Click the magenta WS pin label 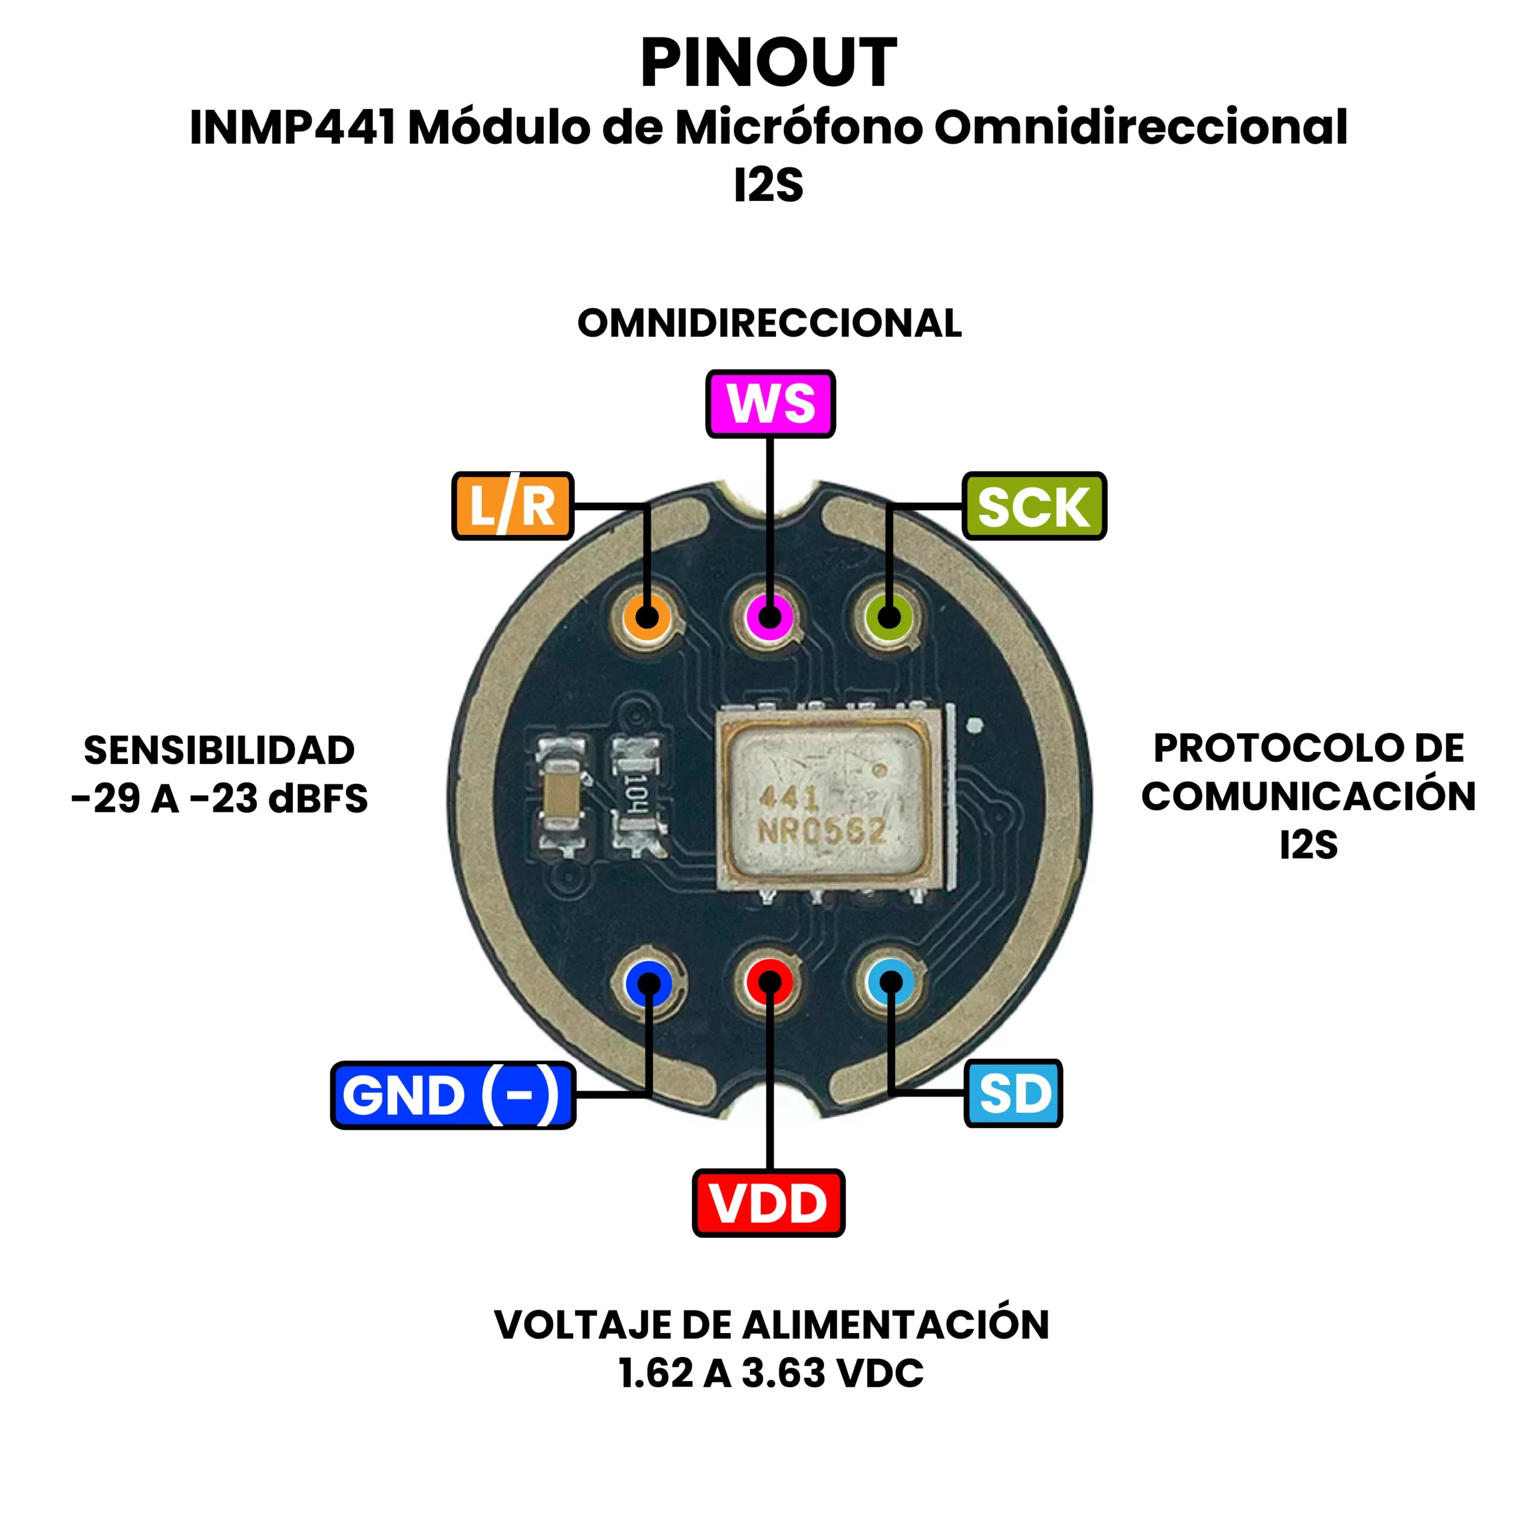[x=770, y=403]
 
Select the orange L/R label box [x=513, y=506]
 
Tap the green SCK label [x=1034, y=506]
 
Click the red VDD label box [x=768, y=1203]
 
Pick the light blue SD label [x=1013, y=1094]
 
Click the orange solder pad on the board [x=647, y=617]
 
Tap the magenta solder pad [x=769, y=617]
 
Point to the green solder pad [x=890, y=617]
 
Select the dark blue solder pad [x=649, y=984]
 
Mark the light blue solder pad [x=890, y=982]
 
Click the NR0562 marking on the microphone [x=822, y=831]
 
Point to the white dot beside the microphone [x=974, y=725]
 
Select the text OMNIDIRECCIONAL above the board [x=769, y=324]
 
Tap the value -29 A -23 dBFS [x=219, y=799]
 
